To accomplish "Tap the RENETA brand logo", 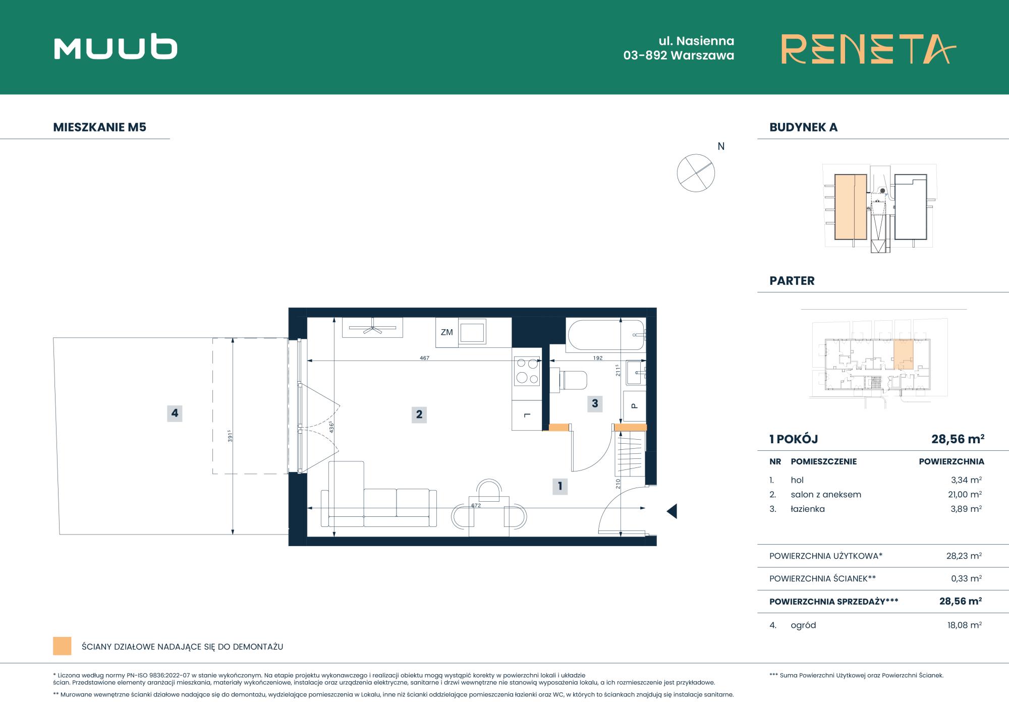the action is tap(869, 49).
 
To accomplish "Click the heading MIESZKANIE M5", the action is tap(100, 127).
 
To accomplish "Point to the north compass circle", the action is tap(696, 173).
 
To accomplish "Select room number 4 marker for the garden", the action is tap(175, 413).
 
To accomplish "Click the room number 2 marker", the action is tap(419, 414).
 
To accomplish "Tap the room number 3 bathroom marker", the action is tap(595, 403).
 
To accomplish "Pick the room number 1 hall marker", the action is tap(560, 487).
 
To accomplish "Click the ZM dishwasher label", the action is tap(447, 332).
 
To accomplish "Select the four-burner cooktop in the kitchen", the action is tap(527, 371).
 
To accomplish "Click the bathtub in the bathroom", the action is tap(606, 335).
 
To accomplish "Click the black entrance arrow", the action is tap(672, 511).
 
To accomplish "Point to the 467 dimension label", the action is tap(425, 358).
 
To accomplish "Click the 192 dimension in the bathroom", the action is tap(598, 358).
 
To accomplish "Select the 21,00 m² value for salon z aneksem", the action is tap(965, 495).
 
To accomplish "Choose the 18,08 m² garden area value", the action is tap(965, 625).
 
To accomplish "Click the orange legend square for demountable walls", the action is tap(62, 646).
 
